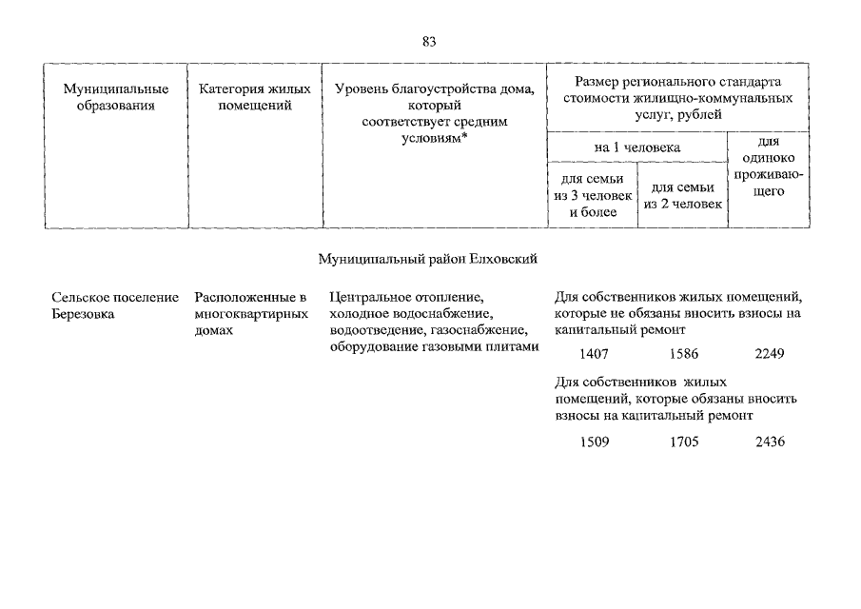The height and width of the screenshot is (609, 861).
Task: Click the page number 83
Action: point(429,41)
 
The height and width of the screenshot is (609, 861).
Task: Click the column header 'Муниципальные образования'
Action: point(116,97)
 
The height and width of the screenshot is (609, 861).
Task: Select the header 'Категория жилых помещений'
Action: point(255,97)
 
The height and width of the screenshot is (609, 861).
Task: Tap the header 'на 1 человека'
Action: point(636,147)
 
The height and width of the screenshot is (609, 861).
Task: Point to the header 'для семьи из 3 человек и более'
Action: point(592,195)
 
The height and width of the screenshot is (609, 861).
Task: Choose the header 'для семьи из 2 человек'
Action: point(682,195)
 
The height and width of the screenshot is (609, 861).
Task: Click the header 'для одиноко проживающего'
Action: point(769,167)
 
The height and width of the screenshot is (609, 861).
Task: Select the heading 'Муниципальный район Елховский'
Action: point(430,258)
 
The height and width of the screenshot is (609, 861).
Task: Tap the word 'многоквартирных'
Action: point(250,314)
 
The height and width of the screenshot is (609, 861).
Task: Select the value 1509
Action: point(594,442)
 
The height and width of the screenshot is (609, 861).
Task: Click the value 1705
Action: point(683,442)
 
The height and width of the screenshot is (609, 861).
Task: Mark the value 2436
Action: point(769,442)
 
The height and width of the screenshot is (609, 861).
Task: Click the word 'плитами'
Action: point(516,346)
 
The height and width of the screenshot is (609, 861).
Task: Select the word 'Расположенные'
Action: point(239,298)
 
